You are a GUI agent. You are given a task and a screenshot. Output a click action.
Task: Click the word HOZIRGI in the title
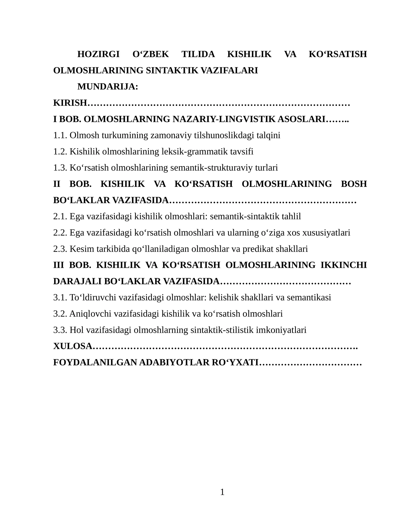98,54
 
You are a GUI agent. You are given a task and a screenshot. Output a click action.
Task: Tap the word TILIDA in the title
198,54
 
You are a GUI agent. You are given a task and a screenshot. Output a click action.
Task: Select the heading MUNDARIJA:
108,87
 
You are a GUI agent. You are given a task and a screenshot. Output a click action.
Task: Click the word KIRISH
70,103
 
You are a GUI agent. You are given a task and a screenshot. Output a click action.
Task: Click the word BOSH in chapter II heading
354,184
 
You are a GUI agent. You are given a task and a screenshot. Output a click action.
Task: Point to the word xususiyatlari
326,233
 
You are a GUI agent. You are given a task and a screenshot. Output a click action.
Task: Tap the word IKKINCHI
344,265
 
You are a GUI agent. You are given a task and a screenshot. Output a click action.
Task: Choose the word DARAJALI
77,281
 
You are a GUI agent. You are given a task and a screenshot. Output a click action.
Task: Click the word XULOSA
73,346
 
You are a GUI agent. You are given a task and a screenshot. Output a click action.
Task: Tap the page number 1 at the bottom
222,492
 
